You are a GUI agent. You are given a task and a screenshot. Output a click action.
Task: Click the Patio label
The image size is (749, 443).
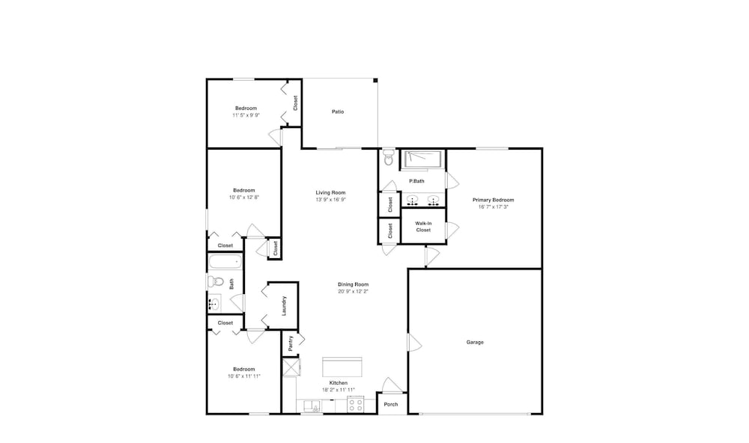click(338, 111)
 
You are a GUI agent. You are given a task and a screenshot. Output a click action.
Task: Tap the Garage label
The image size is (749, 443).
click(475, 342)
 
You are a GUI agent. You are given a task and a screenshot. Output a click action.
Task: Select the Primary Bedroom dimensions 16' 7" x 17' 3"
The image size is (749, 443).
click(494, 207)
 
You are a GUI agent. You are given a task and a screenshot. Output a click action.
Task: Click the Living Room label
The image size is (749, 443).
click(330, 193)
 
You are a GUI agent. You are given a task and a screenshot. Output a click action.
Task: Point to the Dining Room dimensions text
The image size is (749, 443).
click(354, 291)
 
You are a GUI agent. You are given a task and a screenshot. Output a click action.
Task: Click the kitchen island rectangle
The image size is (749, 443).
click(342, 367)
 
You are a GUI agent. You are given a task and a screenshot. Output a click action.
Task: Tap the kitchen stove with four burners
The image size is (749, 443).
click(355, 405)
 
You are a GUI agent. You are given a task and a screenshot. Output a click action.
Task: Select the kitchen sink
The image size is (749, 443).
click(312, 406)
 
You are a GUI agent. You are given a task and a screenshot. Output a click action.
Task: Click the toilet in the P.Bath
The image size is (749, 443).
click(389, 157)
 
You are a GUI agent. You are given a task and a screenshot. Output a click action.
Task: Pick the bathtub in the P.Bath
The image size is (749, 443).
click(422, 159)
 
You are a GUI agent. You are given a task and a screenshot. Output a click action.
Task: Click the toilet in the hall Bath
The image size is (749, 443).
click(216, 281)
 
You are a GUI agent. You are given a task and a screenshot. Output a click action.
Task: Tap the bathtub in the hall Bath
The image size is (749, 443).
click(225, 262)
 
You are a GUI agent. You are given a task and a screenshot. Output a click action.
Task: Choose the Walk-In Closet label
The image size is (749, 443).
click(423, 227)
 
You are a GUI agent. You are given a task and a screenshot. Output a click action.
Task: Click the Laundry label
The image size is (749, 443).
click(284, 306)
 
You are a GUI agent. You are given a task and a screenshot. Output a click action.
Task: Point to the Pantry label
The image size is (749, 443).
click(291, 343)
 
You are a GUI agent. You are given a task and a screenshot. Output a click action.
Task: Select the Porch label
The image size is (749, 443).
click(391, 404)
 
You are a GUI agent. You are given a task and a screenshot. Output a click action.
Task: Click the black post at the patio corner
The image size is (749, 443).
click(375, 80)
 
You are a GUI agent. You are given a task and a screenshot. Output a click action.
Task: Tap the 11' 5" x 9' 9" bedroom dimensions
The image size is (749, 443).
click(246, 115)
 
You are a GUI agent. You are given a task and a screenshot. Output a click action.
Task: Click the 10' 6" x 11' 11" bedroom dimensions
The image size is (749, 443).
click(244, 376)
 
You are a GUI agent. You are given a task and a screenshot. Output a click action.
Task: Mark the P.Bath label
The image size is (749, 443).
click(416, 181)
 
